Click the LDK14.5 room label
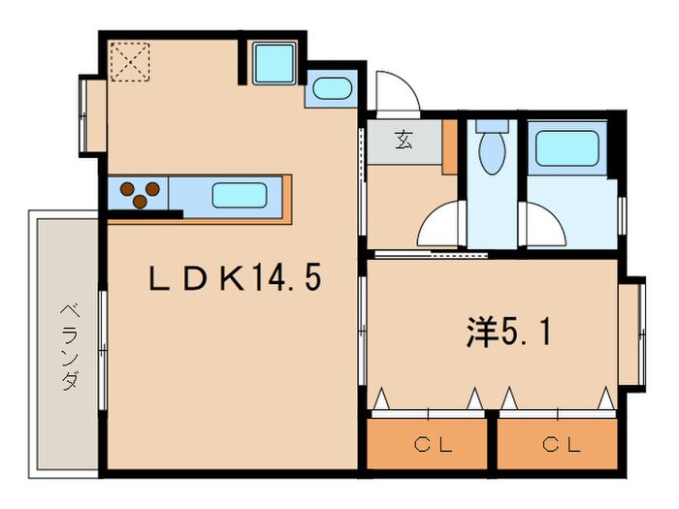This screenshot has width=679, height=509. pyautogui.click(x=234, y=280)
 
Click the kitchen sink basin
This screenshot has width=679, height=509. pyautogui.click(x=239, y=195)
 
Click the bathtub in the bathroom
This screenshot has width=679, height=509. pyautogui.click(x=570, y=148)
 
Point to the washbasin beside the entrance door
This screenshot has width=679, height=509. pyautogui.click(x=333, y=88)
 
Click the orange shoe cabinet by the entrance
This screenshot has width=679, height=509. pyautogui.click(x=450, y=147)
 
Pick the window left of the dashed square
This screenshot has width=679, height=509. pyautogui.click(x=92, y=115)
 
